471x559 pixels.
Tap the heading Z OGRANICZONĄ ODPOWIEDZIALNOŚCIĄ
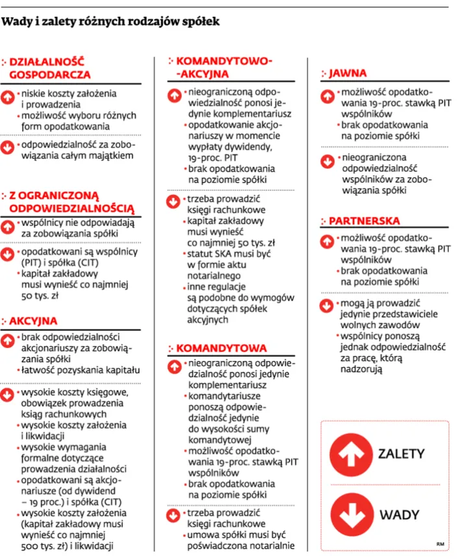coord(71,201)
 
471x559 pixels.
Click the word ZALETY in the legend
coord(402,453)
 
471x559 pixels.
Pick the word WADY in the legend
coord(400,514)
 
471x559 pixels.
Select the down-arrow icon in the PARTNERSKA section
coord(329,305)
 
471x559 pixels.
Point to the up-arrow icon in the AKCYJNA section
coord(9,340)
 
